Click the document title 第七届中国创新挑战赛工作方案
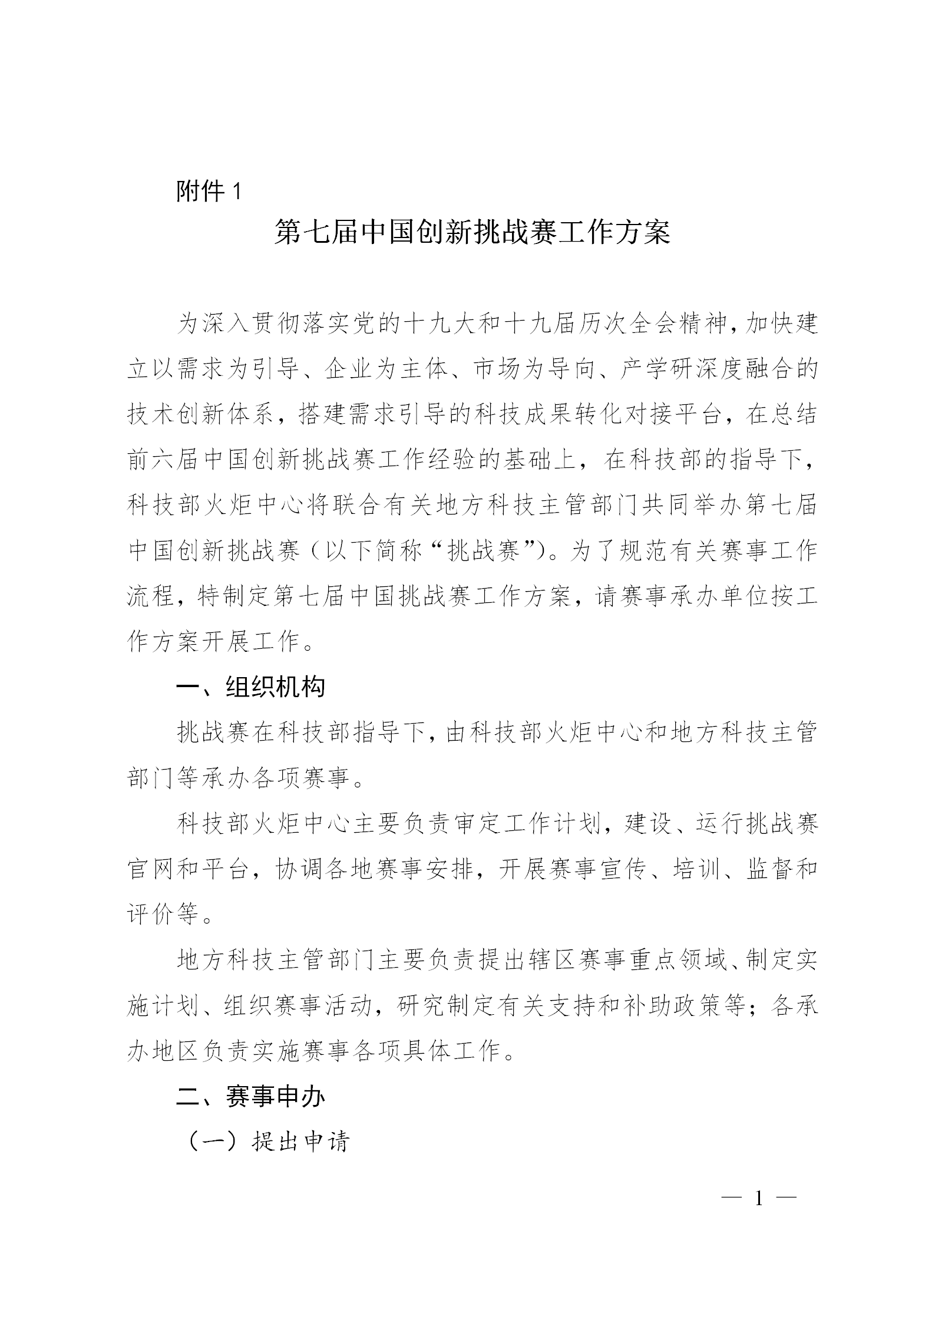473,233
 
